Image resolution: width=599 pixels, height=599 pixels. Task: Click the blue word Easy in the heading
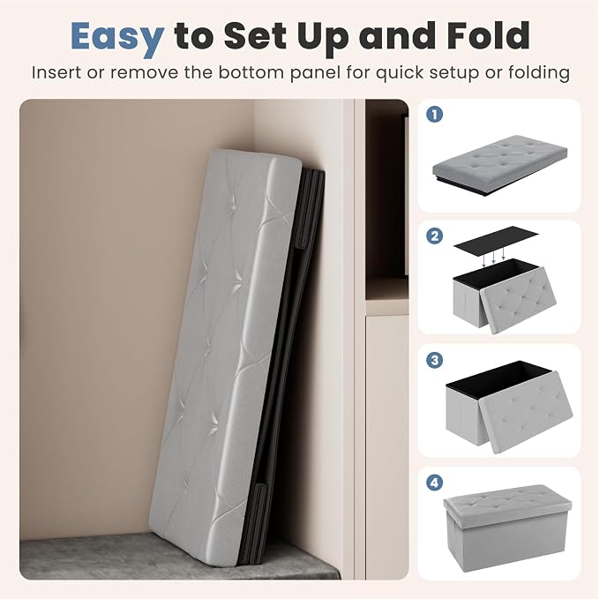coord(117,37)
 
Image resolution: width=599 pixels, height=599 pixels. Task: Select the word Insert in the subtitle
coord(56,72)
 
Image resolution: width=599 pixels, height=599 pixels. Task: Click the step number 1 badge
coord(434,114)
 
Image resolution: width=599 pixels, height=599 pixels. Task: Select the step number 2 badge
coord(434,236)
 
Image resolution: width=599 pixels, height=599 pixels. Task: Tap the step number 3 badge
coord(434,360)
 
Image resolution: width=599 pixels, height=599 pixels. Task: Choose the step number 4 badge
coord(434,483)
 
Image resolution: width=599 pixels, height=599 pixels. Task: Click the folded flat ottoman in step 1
coord(499,164)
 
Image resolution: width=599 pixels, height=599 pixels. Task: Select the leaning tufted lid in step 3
coord(526,411)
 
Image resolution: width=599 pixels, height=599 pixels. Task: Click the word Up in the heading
coord(324,38)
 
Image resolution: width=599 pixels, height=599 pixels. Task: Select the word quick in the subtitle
coord(399,73)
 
